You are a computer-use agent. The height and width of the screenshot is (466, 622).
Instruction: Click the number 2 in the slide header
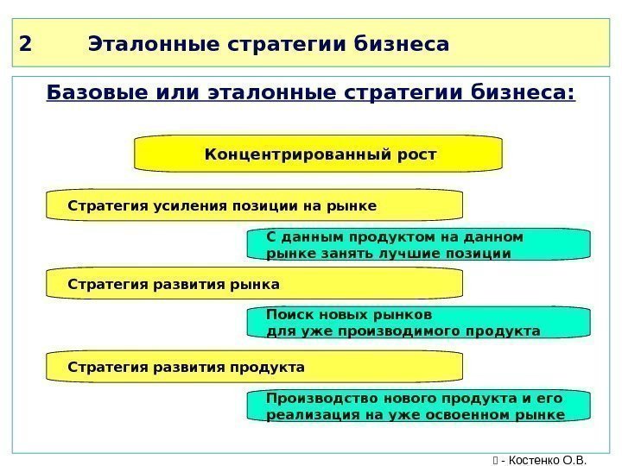23,43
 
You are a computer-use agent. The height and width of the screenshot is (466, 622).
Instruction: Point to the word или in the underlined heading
168,91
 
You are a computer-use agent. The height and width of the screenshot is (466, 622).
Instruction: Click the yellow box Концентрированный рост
319,154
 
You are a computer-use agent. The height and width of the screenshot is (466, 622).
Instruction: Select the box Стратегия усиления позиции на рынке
254,206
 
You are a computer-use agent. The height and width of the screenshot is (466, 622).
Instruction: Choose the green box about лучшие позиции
419,244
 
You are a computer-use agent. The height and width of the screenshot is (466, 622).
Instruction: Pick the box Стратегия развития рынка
254,283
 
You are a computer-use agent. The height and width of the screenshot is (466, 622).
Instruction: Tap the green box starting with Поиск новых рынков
419,322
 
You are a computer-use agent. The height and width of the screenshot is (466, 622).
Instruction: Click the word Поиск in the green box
288,314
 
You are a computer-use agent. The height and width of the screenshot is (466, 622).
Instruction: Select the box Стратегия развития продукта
254,367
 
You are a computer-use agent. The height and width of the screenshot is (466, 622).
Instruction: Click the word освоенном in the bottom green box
484,414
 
